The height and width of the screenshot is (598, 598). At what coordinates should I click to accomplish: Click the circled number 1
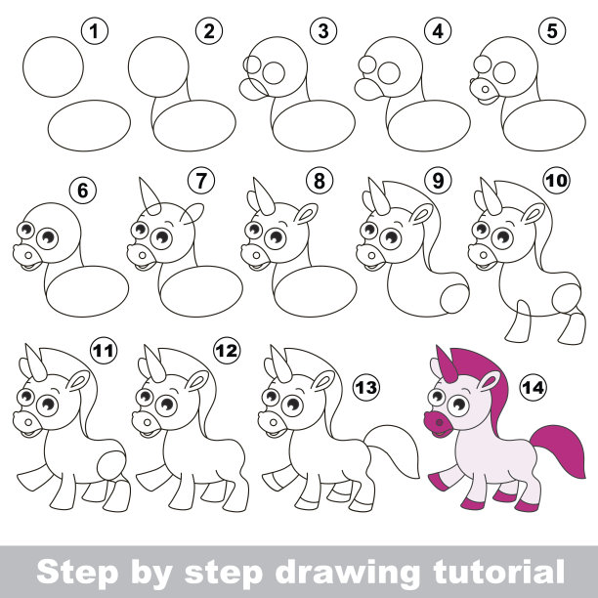[95, 31]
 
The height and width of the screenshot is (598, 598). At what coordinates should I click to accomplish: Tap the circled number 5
[552, 31]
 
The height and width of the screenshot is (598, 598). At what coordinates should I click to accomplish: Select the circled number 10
[557, 180]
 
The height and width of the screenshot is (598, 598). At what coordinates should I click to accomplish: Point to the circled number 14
[534, 388]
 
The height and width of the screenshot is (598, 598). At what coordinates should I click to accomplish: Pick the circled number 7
[201, 180]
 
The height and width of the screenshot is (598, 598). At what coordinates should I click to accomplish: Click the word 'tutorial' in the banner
[499, 571]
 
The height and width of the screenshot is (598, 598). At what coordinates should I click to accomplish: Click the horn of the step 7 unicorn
[149, 196]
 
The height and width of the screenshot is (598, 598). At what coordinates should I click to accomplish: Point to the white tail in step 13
[393, 450]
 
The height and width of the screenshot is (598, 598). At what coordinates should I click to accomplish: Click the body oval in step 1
[89, 126]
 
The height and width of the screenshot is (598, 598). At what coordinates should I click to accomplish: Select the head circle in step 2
[158, 66]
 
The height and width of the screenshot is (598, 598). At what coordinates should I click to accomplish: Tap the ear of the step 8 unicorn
[306, 214]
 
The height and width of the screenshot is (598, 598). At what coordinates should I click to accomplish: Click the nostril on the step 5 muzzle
[485, 90]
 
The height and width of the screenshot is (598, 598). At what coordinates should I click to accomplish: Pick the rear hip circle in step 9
[454, 298]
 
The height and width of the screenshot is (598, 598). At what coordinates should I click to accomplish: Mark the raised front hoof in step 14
[438, 482]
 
